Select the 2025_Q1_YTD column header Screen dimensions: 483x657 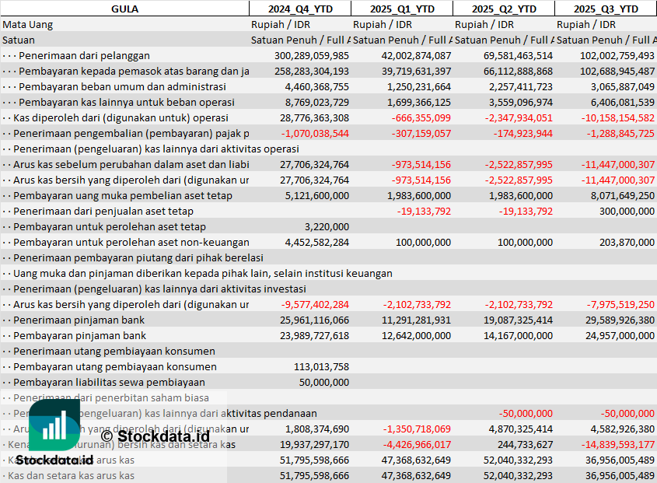[x=401, y=9]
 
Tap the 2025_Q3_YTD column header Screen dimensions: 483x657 [x=606, y=9]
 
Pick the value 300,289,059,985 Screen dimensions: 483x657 [x=312, y=55]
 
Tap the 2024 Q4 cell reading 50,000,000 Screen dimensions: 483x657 [x=323, y=382]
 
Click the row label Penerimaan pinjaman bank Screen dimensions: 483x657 [x=79, y=320]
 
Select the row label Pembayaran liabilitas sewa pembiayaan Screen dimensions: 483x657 [x=109, y=382]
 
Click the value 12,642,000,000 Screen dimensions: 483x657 [x=407, y=335]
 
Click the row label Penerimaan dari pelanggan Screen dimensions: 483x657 [x=84, y=55]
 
